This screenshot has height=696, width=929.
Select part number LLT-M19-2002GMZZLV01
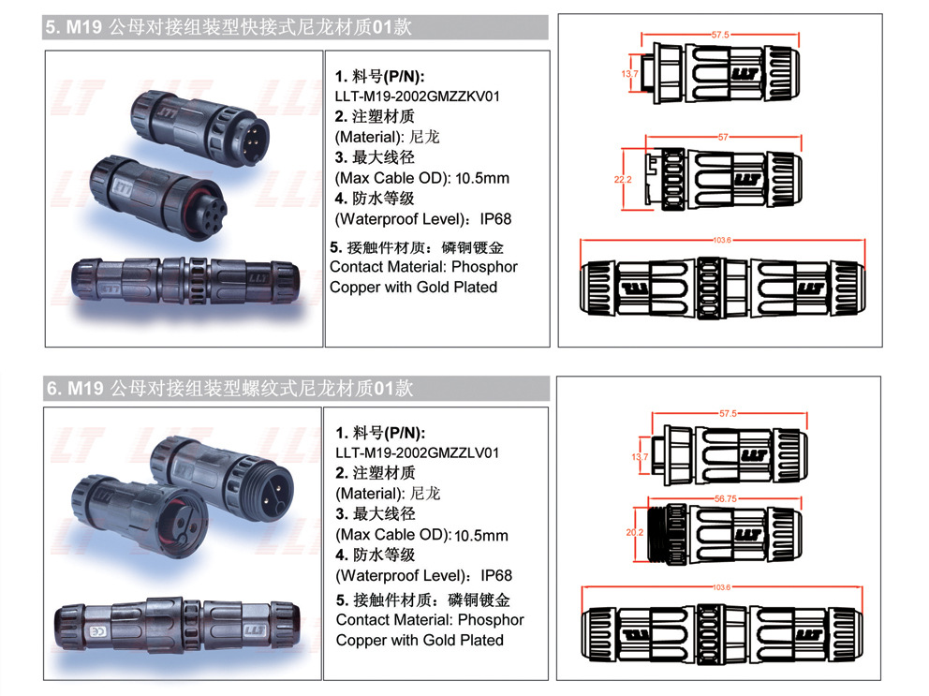tap(417, 452)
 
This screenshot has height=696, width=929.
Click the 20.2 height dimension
tap(634, 532)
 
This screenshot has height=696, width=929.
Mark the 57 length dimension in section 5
tap(722, 138)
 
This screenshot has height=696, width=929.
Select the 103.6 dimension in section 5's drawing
tap(721, 241)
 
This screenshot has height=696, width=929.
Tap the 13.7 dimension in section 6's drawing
tap(640, 456)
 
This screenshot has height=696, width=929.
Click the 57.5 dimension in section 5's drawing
tap(720, 35)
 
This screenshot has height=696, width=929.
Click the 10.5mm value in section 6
tap(481, 536)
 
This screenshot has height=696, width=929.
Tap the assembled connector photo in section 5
tap(184, 280)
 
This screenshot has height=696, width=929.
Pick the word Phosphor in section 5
tap(485, 267)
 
